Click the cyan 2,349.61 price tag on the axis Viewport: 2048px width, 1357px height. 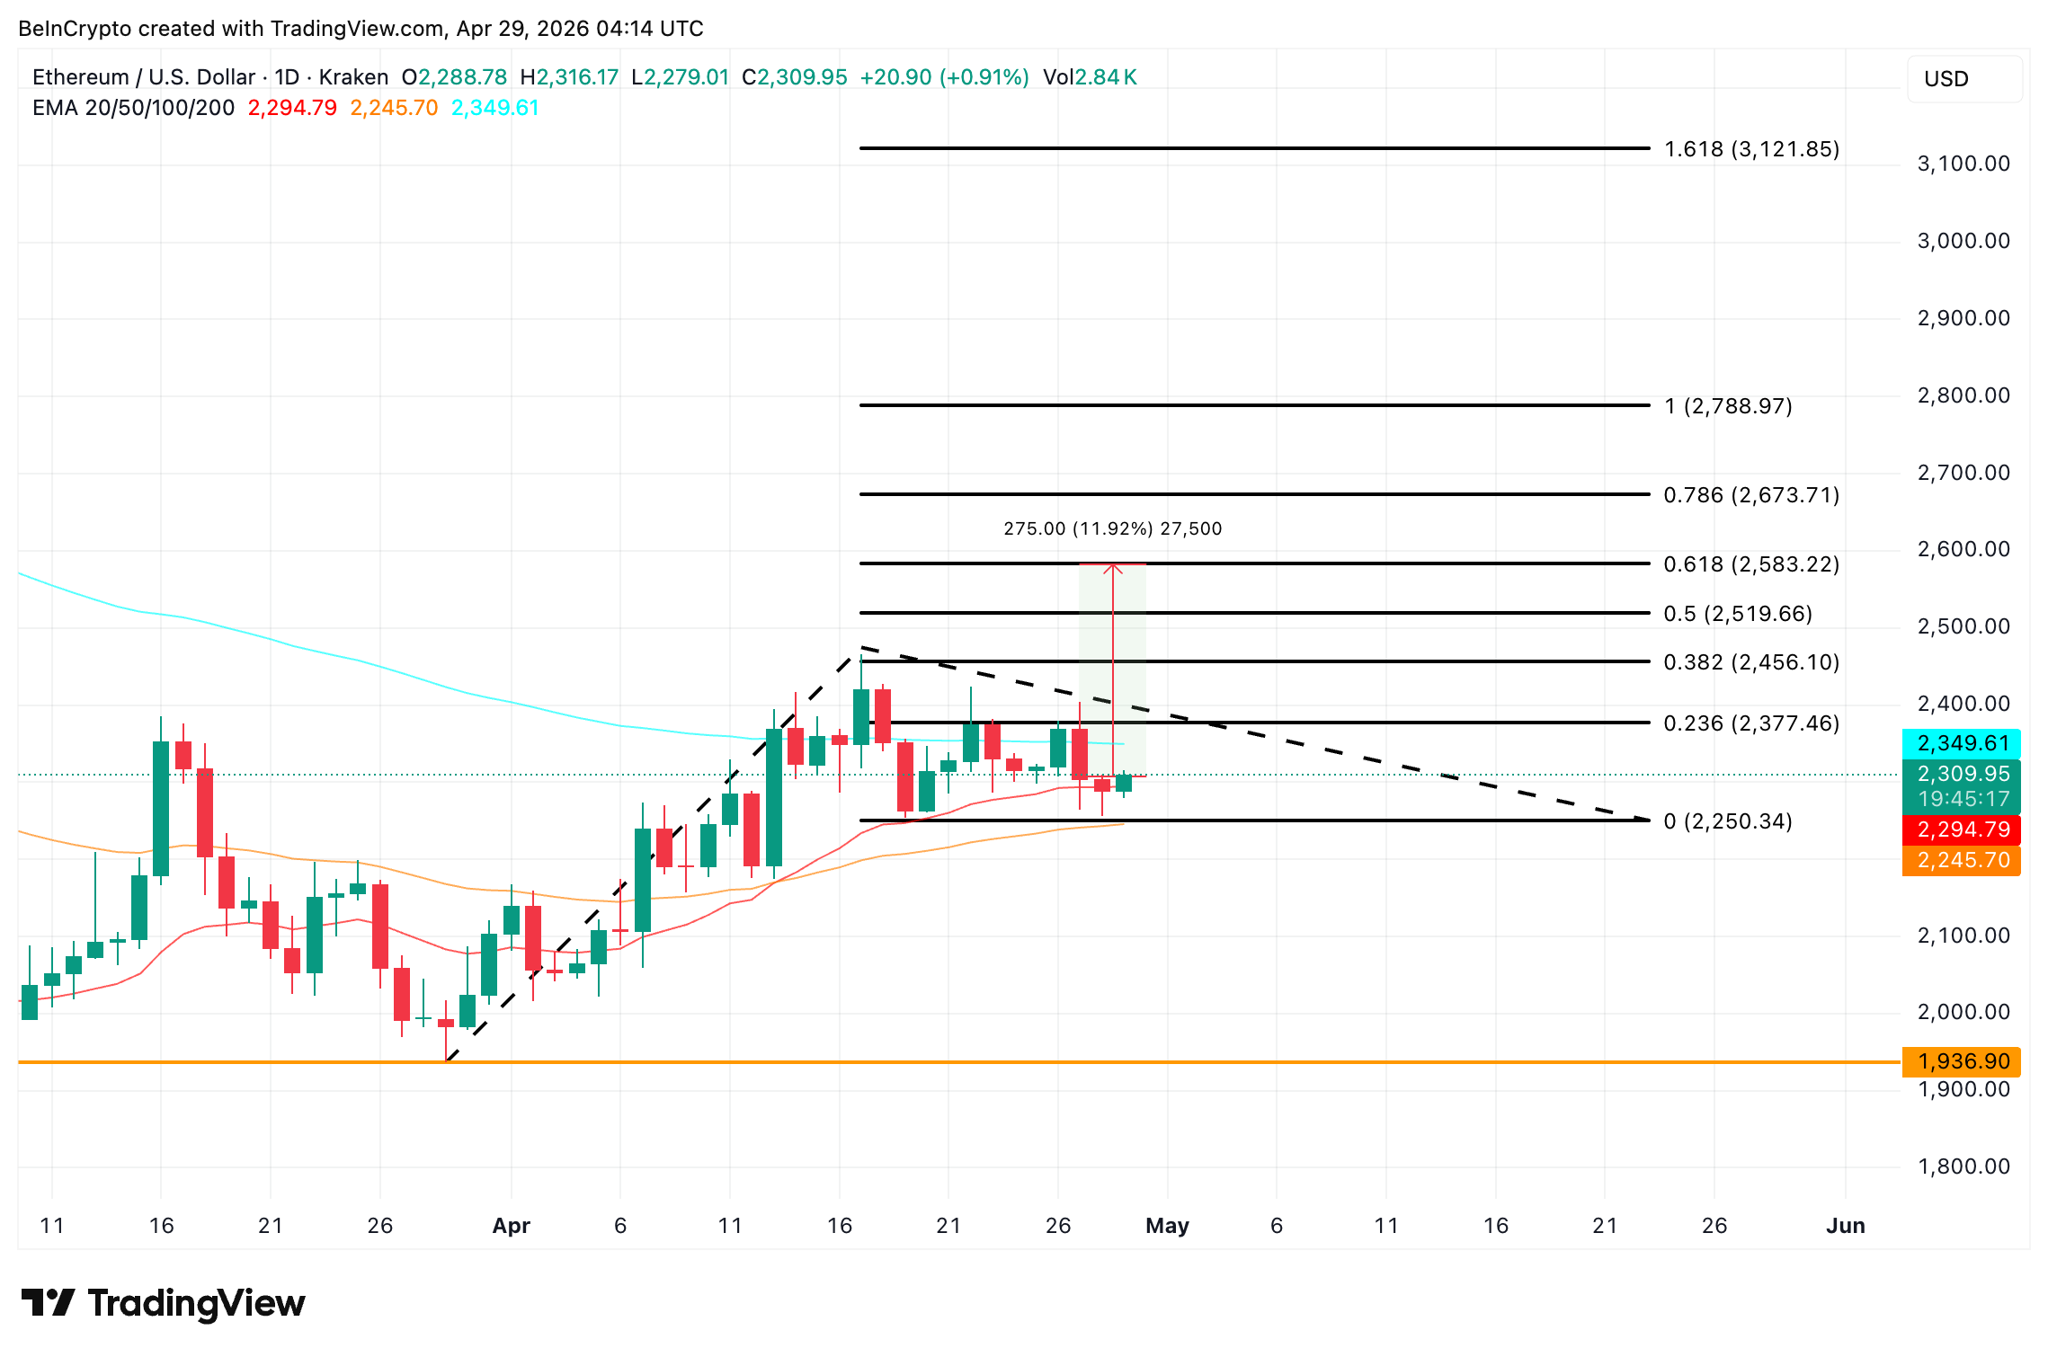pos(1961,743)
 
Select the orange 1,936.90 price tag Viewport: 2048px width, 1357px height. pos(1961,1061)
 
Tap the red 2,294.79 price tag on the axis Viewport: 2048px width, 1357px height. pos(1961,829)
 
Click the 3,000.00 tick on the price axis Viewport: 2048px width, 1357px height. pos(1963,241)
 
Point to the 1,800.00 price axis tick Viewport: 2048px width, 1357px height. pos(1963,1166)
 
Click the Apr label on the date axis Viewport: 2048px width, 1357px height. pos(511,1226)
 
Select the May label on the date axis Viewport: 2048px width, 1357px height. pos(1167,1226)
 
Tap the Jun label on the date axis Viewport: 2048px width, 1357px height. pos(1845,1226)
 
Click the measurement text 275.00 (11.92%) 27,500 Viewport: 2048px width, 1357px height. pos(1112,528)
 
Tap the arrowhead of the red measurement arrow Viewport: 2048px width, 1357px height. pos(1113,567)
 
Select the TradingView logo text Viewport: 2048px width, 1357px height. pos(196,1303)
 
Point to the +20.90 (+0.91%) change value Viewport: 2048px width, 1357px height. pos(944,77)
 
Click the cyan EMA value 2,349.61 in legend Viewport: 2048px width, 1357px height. pos(494,108)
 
